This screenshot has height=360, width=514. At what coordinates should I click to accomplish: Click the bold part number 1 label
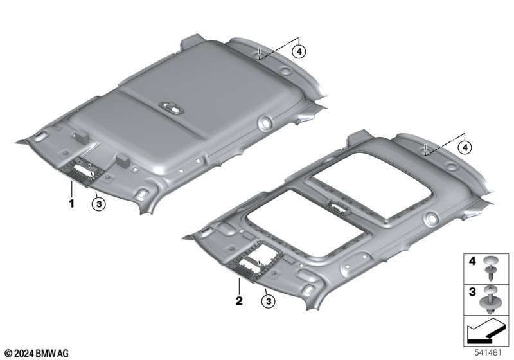click(x=71, y=203)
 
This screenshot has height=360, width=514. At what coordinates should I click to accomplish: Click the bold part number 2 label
click(x=239, y=300)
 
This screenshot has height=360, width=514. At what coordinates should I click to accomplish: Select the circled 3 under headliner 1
click(x=98, y=204)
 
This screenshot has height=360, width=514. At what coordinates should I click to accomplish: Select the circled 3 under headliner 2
click(x=269, y=301)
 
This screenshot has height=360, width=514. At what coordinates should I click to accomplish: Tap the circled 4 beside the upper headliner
click(x=299, y=51)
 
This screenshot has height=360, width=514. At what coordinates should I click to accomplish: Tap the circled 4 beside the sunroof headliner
click(x=465, y=148)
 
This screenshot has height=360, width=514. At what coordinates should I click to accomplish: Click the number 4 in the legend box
click(x=472, y=261)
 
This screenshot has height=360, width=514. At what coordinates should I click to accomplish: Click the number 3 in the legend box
click(x=472, y=291)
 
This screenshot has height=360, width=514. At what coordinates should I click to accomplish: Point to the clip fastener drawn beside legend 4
click(x=491, y=268)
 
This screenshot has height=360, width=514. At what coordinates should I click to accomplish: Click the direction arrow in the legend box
click(x=486, y=330)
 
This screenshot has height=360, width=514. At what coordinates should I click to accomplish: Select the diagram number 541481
click(x=488, y=353)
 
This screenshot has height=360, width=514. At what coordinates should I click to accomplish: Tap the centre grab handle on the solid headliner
click(x=171, y=107)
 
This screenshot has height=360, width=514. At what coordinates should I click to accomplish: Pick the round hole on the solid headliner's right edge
click(x=265, y=122)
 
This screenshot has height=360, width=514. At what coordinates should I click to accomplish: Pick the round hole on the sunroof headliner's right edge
click(x=431, y=217)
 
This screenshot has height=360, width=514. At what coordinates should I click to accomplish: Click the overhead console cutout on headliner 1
click(x=85, y=170)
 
